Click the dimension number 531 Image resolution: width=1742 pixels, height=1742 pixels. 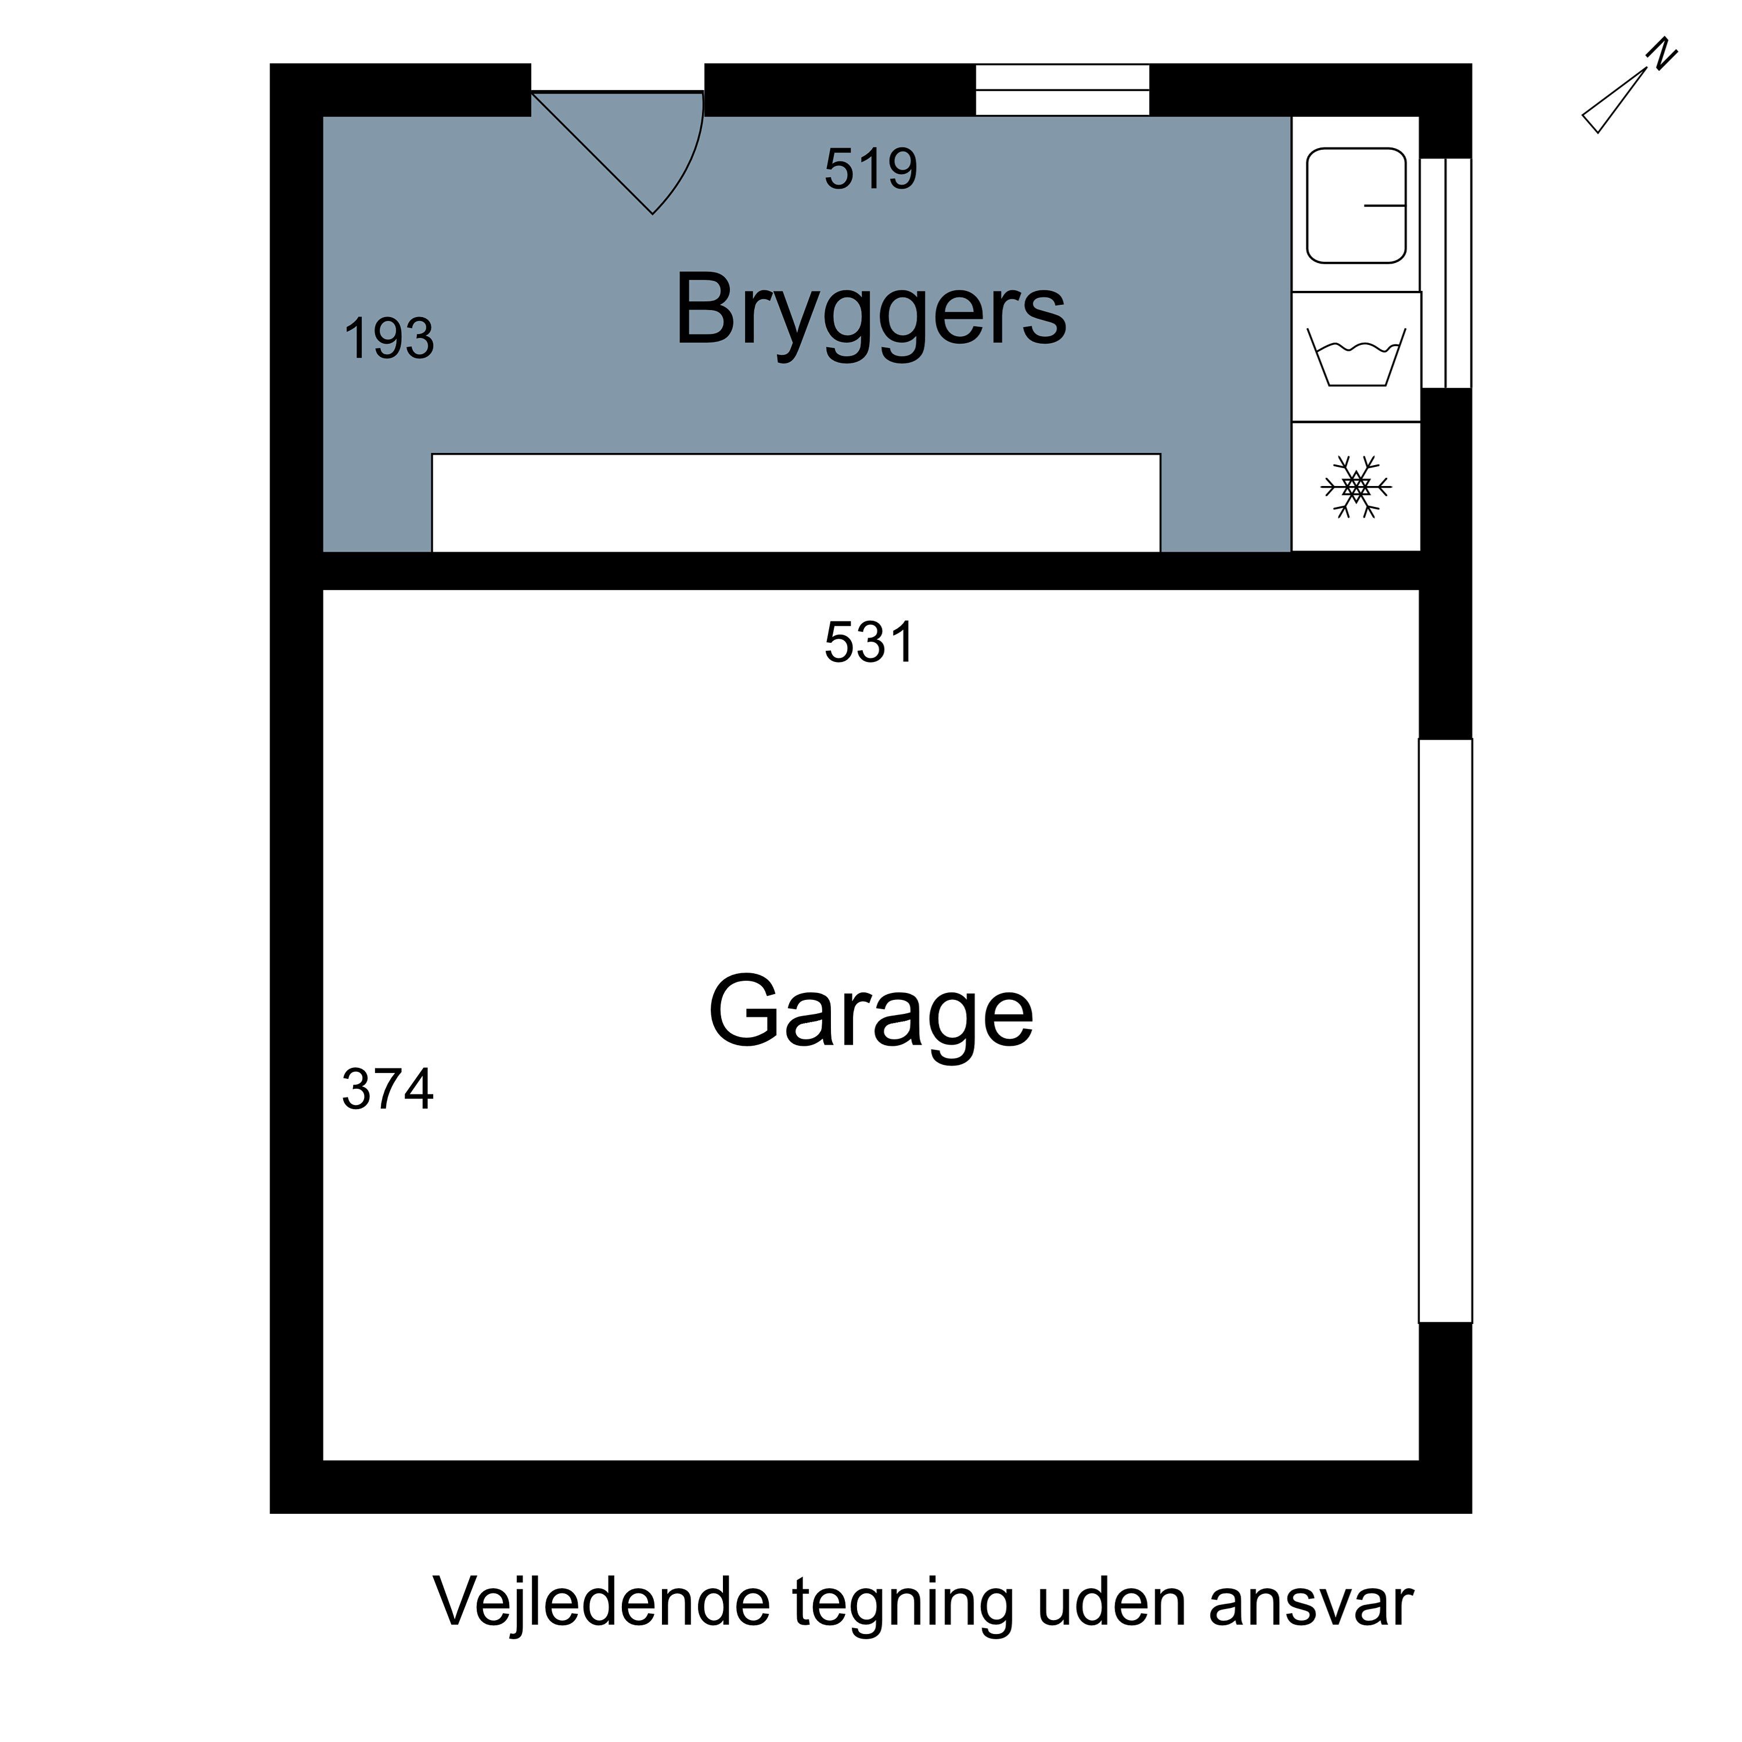(869, 643)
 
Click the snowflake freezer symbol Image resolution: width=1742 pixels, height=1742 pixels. (1355, 487)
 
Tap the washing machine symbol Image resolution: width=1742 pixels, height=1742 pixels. (1355, 358)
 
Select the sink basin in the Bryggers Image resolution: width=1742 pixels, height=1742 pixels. (1355, 206)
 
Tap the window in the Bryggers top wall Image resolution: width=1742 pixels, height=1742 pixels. (1061, 90)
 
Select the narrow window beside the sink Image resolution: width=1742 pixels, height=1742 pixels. (1445, 273)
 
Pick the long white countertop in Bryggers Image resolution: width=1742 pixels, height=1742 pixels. (796, 502)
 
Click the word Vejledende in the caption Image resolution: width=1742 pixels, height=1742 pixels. (602, 1602)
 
